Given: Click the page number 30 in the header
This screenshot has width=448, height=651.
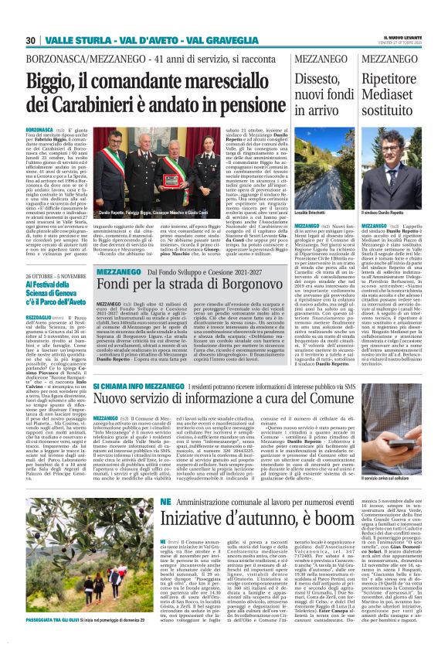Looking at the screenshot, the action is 31,40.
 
